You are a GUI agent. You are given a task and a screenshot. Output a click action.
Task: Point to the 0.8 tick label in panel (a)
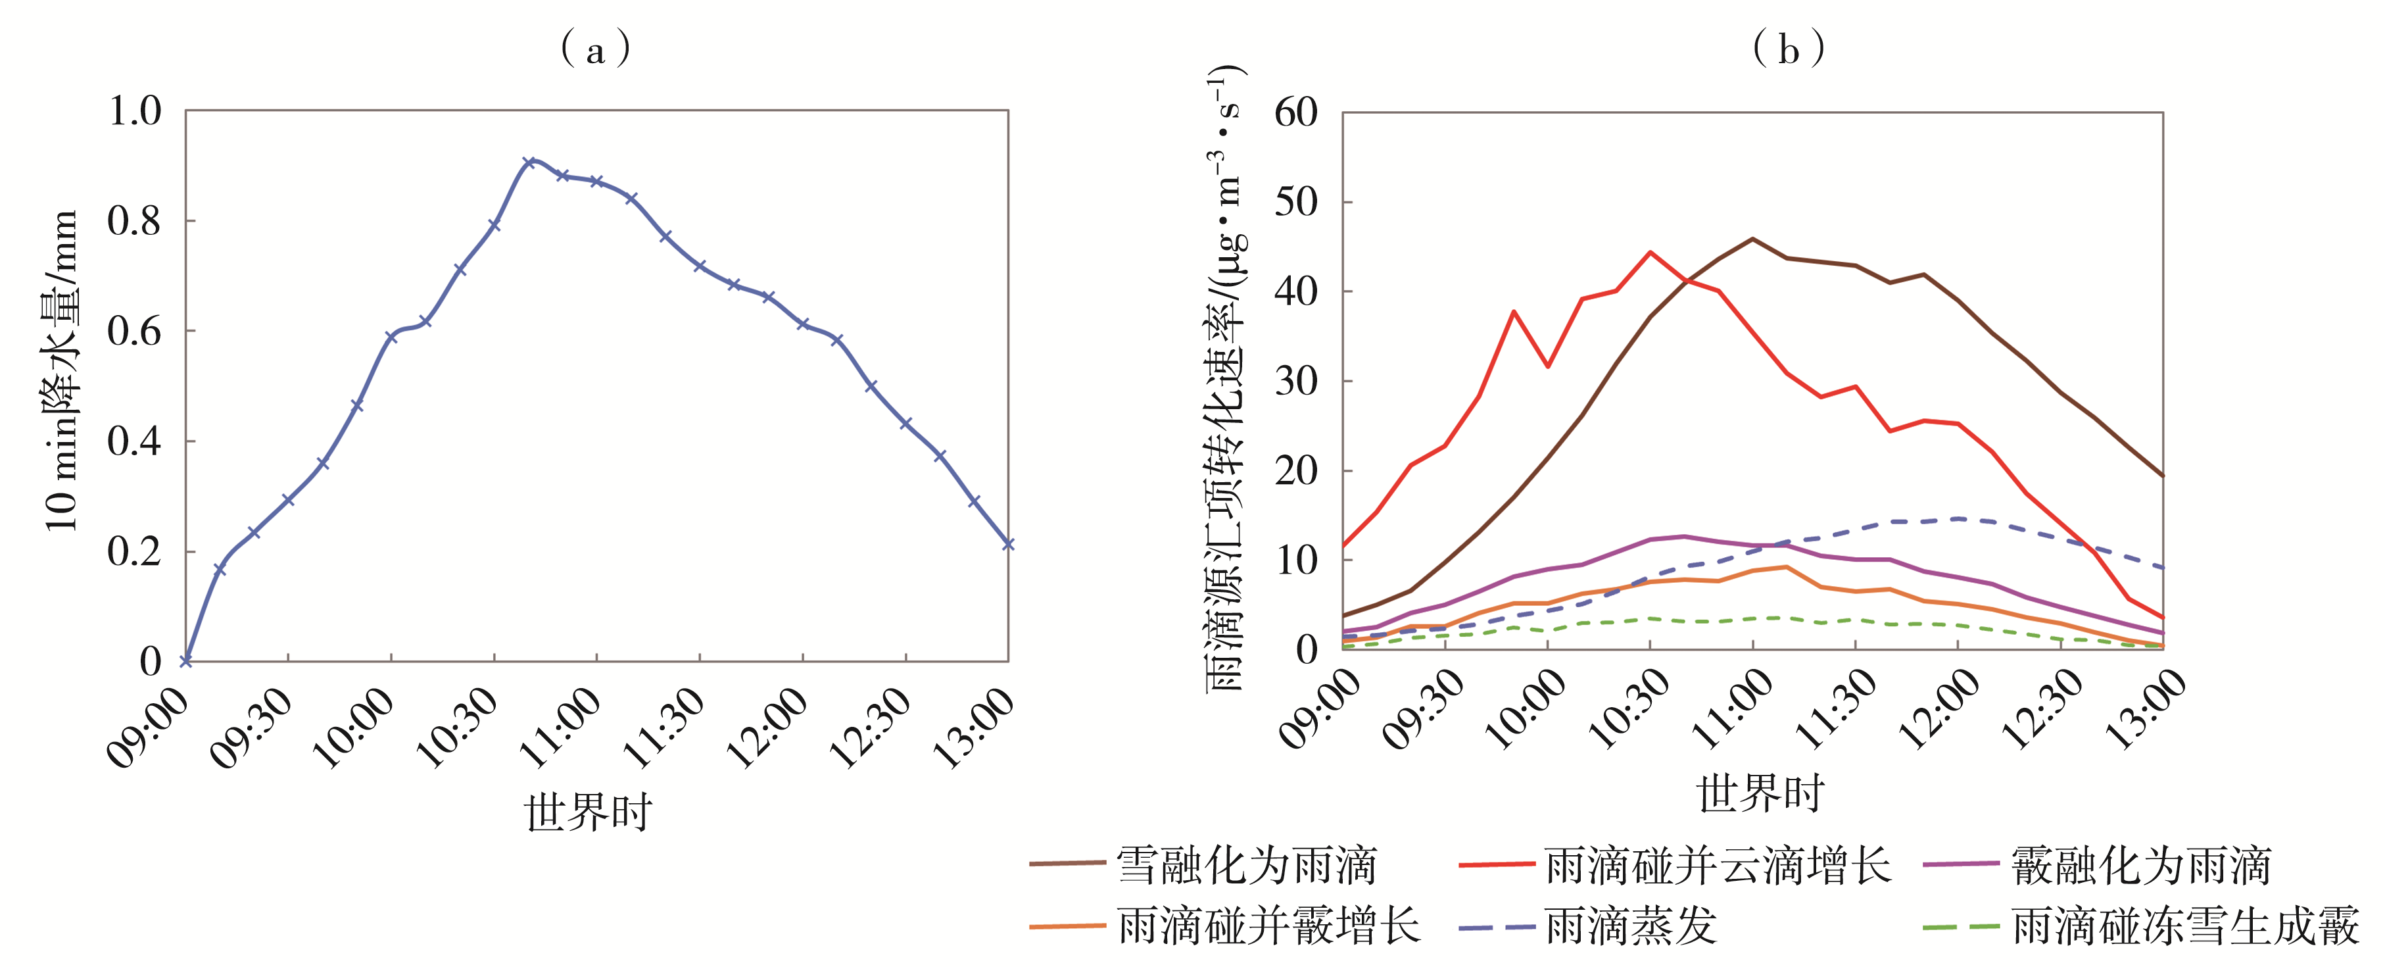click(134, 220)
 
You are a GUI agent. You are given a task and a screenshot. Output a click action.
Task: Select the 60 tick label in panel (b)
click(1295, 113)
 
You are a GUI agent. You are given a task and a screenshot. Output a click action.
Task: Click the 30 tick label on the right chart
click(1295, 381)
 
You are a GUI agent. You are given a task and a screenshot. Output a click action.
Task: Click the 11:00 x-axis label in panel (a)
click(562, 727)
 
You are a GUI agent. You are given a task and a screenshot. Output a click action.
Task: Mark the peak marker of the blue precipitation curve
click(529, 162)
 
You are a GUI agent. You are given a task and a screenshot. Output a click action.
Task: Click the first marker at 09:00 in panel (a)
click(186, 660)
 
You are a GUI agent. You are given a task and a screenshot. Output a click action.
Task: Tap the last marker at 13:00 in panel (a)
click(1007, 544)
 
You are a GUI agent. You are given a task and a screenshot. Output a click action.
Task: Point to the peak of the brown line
click(1752, 239)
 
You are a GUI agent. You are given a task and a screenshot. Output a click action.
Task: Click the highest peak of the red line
click(1650, 252)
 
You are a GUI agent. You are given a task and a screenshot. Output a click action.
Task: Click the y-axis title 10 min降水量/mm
click(61, 370)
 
